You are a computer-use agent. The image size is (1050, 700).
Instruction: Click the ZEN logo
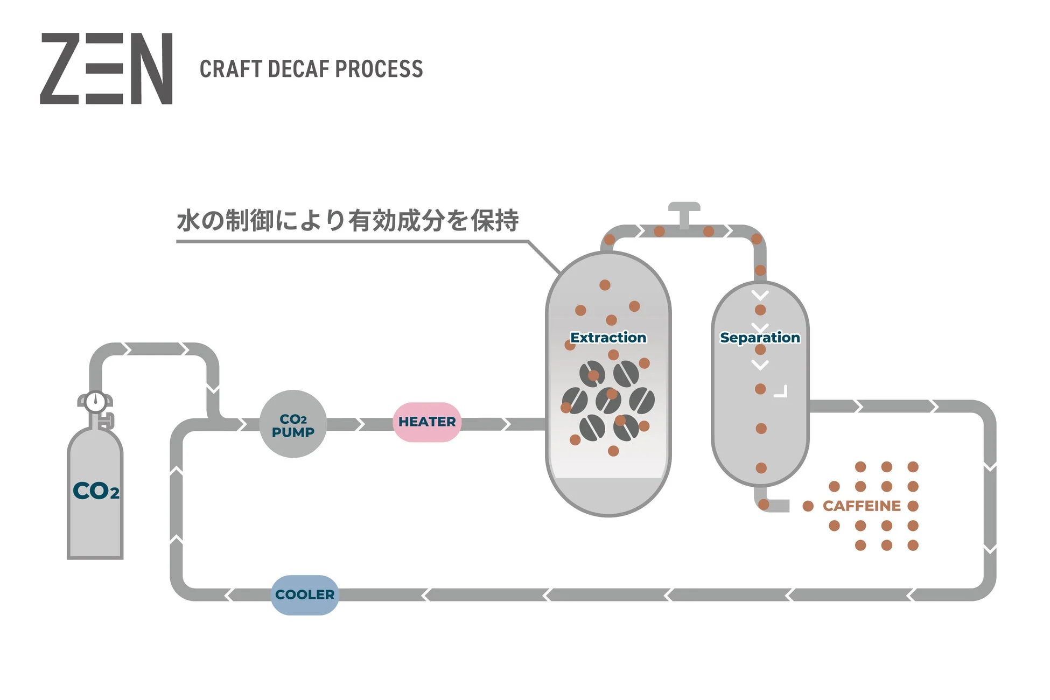(106, 68)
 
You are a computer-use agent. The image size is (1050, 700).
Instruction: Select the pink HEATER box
(426, 422)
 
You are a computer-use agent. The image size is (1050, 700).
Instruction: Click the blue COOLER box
(305, 594)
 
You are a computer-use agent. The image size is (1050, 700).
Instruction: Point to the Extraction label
(608, 338)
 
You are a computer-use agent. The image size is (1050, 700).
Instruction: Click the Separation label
(759, 338)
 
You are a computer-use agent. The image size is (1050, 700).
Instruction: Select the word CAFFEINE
(861, 506)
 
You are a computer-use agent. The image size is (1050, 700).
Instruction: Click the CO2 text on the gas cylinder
(95, 491)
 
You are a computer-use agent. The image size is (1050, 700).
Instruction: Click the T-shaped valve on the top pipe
(684, 213)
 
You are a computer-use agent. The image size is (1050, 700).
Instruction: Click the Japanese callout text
(347, 220)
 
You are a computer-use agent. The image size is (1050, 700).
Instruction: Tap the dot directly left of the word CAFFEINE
(808, 506)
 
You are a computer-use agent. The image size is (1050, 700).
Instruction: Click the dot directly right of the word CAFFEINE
(913, 506)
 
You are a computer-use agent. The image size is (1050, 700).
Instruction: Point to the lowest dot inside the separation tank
(761, 468)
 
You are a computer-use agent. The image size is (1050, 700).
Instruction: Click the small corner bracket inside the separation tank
(782, 392)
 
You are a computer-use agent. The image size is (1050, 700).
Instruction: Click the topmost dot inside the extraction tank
(605, 285)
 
